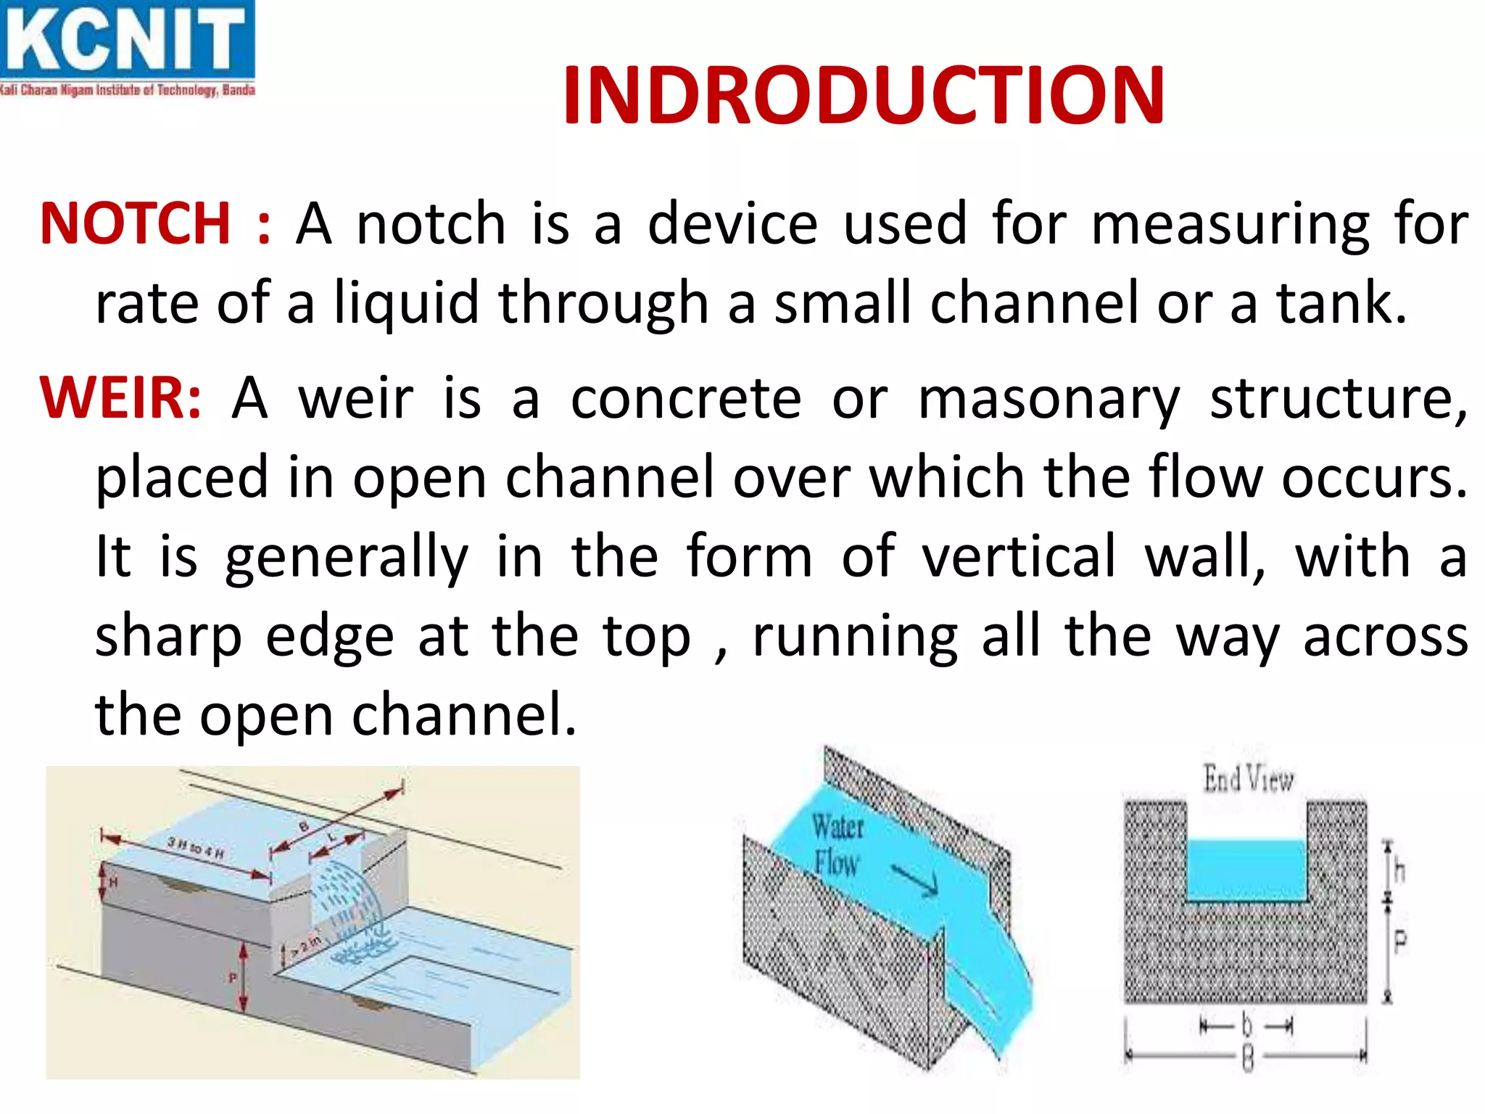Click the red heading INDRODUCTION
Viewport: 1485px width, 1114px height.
[863, 96]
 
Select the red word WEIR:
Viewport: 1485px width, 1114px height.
[120, 398]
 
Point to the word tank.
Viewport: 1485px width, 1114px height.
[1341, 303]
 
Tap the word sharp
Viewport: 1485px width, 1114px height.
[168, 637]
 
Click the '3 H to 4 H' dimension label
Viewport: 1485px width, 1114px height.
[196, 847]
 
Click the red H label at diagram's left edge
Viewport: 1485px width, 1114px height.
[114, 882]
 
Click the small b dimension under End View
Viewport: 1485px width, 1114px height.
[1246, 1026]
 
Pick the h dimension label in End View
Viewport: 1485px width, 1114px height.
[1399, 870]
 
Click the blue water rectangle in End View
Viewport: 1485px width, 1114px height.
[1246, 870]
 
